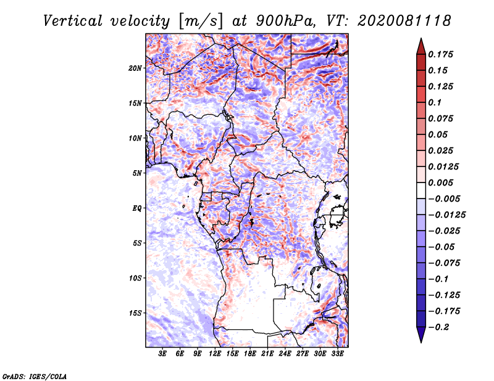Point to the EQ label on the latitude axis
(x=137, y=208)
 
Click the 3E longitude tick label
(x=163, y=353)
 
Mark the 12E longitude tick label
(x=216, y=353)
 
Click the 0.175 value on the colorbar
(x=442, y=54)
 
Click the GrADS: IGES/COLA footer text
(x=34, y=375)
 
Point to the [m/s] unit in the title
(x=199, y=21)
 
